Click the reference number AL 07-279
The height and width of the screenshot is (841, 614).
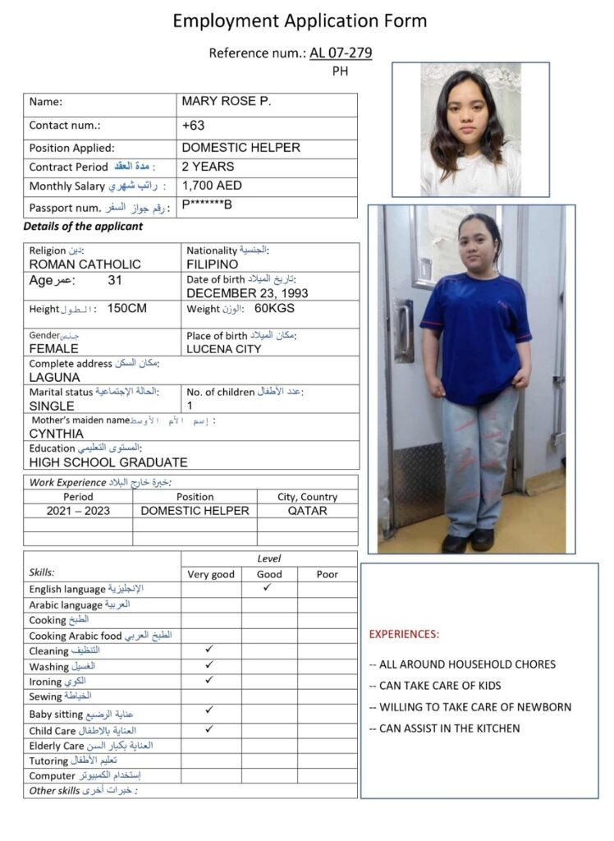pos(341,53)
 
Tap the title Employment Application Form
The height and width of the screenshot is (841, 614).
pos(300,21)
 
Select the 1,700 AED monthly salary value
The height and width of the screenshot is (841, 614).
pos(212,186)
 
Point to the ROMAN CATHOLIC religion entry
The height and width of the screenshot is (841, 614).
pos(85,264)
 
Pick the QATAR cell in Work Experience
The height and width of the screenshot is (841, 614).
pos(307,511)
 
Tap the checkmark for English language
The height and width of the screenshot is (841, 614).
pos(268,588)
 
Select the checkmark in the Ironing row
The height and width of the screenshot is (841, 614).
pos(209,680)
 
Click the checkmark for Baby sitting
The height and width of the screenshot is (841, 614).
pos(209,710)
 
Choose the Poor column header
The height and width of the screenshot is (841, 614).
pos(327,574)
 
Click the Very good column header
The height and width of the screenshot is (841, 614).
pos(211,574)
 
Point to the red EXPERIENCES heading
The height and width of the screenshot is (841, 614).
pos(404,634)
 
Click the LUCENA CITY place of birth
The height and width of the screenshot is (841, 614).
pos(224,349)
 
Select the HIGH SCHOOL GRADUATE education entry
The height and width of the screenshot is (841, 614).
pos(108,462)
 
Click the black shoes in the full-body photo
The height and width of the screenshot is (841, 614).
pos(468,542)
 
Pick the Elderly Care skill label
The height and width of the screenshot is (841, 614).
pos(57,746)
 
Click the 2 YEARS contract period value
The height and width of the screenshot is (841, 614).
pos(208,167)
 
